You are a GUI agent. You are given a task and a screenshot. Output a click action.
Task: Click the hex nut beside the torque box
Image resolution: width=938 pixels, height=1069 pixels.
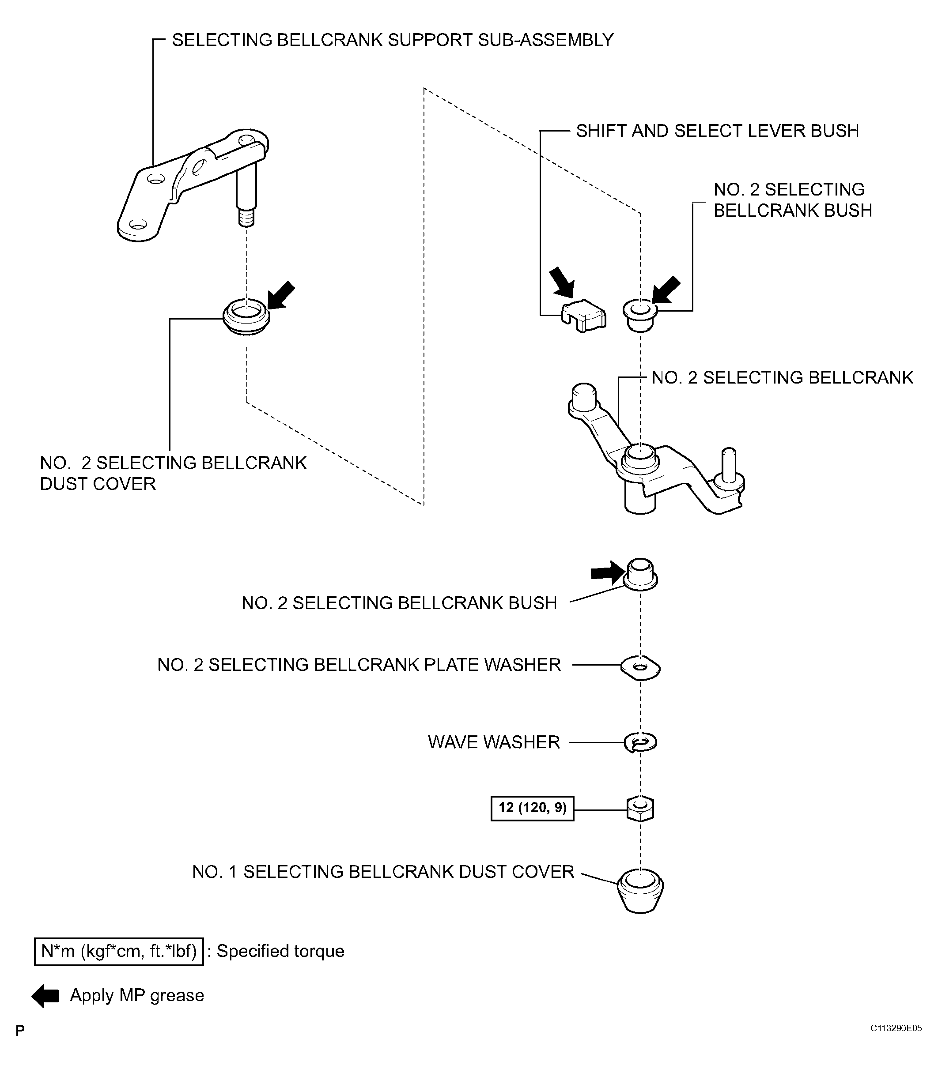click(640, 809)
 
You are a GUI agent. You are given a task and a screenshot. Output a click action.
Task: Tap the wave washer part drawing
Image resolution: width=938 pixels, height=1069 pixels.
click(640, 743)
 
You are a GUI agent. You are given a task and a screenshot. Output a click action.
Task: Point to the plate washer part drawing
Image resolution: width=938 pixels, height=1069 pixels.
click(640, 667)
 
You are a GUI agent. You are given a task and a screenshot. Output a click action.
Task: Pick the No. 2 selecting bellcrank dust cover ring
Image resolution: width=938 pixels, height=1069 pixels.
click(246, 316)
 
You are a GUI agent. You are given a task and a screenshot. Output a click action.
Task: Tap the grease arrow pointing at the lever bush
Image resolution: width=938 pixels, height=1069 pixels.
click(562, 281)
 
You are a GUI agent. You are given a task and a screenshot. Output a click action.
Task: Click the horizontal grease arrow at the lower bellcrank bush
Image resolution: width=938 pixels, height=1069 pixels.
click(607, 573)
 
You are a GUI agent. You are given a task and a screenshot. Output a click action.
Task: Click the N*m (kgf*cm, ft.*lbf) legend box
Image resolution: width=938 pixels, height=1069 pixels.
click(119, 951)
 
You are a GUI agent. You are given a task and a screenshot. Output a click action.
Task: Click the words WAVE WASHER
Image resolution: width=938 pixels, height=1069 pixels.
click(493, 742)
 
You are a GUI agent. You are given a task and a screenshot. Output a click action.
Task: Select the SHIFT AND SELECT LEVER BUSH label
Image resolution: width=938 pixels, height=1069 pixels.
click(717, 131)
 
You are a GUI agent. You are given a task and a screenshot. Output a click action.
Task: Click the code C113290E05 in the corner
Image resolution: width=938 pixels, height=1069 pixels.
click(896, 1028)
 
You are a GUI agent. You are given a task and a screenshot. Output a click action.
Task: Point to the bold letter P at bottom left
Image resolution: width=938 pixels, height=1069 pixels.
click(20, 1031)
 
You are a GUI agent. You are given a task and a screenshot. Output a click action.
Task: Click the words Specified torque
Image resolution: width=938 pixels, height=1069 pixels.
click(280, 951)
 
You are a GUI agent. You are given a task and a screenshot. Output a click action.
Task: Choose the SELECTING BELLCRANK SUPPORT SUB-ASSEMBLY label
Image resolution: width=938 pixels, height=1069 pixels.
click(392, 40)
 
